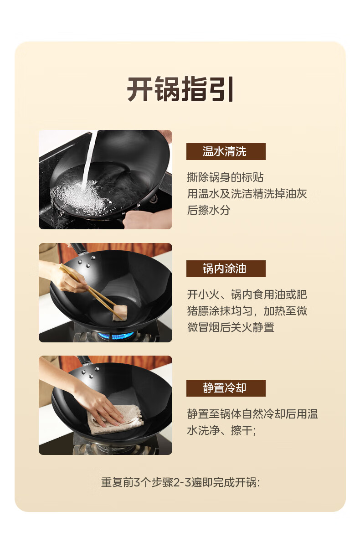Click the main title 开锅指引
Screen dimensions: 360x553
[180, 89]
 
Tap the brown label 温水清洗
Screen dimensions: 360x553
[226, 151]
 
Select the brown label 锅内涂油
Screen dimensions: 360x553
[226, 269]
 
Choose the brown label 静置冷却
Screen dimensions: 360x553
[226, 388]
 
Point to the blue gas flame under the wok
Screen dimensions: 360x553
[116, 335]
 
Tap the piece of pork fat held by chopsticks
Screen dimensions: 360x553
[120, 313]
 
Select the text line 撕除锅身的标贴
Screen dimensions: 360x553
[225, 177]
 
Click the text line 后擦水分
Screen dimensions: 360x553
[209, 210]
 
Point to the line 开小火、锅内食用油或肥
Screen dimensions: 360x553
[247, 294]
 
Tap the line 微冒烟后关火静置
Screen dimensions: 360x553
[231, 327]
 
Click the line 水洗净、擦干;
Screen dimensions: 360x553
[221, 430]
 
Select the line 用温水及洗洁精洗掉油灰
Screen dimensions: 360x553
[247, 194]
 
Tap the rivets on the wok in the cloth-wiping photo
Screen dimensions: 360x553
[90, 372]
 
